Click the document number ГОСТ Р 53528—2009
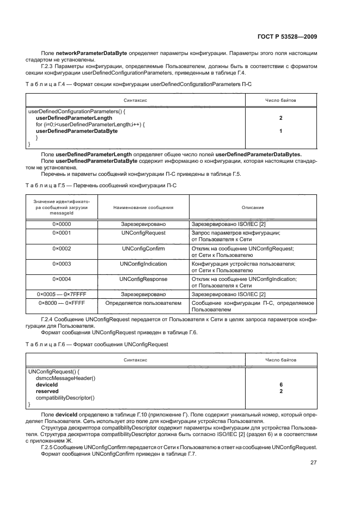click(x=289, y=36)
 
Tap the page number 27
click(x=313, y=462)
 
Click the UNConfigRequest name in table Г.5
click(x=144, y=232)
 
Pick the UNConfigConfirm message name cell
click(x=144, y=248)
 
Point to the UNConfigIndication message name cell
click(x=144, y=263)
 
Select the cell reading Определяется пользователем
click(x=144, y=302)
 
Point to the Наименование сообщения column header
click(x=144, y=207)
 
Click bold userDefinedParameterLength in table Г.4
click(x=74, y=118)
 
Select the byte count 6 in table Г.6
click(x=280, y=384)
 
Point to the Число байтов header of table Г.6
click(x=280, y=360)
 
